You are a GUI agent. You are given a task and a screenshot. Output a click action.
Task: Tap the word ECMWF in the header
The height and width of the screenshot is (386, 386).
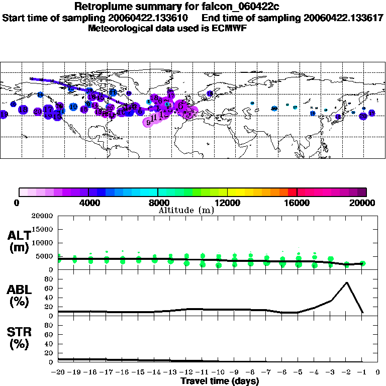228,28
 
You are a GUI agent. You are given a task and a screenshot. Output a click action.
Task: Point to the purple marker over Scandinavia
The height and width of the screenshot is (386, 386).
210,93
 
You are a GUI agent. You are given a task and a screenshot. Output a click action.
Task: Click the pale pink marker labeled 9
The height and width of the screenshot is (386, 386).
148,122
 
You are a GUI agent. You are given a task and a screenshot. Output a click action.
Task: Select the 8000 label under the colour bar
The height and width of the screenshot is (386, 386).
157,203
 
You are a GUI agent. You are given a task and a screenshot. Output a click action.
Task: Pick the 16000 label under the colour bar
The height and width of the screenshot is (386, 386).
297,203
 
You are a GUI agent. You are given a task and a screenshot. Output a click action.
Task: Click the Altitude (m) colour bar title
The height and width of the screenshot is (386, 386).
186,211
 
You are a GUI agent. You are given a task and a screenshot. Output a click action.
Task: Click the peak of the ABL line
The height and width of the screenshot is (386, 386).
347,282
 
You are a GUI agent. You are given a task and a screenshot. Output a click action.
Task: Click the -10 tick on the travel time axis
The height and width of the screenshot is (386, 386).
218,373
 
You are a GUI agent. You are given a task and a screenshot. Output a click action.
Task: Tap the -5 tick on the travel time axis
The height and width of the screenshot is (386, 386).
299,373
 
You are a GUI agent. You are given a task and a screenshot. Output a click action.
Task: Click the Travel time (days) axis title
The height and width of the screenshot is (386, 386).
220,381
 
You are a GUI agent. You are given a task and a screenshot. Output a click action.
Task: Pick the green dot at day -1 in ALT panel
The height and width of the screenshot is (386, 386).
362,263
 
